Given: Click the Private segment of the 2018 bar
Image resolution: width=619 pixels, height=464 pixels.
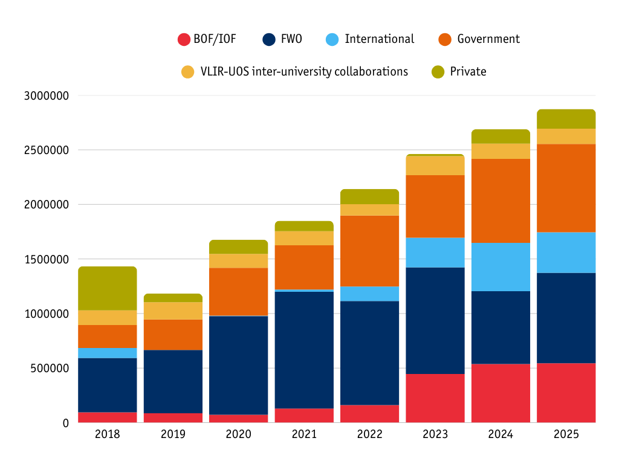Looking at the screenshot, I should tap(108, 288).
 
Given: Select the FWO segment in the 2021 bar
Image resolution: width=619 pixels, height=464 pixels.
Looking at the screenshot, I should tap(304, 350).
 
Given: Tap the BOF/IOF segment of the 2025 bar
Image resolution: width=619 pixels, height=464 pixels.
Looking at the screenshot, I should tap(566, 393).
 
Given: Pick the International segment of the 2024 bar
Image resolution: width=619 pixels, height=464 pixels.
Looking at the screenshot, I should tap(501, 266).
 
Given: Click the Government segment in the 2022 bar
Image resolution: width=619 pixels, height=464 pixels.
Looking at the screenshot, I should tap(369, 251).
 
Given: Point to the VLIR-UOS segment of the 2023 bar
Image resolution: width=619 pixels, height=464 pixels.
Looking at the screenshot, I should tap(435, 166).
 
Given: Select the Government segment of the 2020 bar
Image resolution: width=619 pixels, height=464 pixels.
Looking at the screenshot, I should tap(239, 292).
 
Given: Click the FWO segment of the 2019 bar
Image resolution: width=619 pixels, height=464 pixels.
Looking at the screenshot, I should tap(173, 381).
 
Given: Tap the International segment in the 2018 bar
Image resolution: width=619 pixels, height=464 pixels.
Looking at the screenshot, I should tap(108, 353).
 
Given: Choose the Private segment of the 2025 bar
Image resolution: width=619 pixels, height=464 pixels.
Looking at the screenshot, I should tap(566, 119).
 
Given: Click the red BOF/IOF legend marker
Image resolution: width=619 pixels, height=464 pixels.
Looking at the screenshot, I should tap(184, 40).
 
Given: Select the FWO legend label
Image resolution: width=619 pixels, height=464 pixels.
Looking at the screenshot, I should tap(291, 39).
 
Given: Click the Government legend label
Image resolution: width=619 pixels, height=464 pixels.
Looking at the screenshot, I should tap(488, 39).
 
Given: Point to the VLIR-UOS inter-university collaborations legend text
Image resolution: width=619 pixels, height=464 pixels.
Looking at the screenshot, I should tap(304, 72).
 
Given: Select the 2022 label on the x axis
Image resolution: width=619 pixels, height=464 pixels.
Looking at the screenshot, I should tap(369, 434).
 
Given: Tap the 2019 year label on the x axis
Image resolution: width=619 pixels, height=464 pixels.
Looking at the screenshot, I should tap(173, 434).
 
